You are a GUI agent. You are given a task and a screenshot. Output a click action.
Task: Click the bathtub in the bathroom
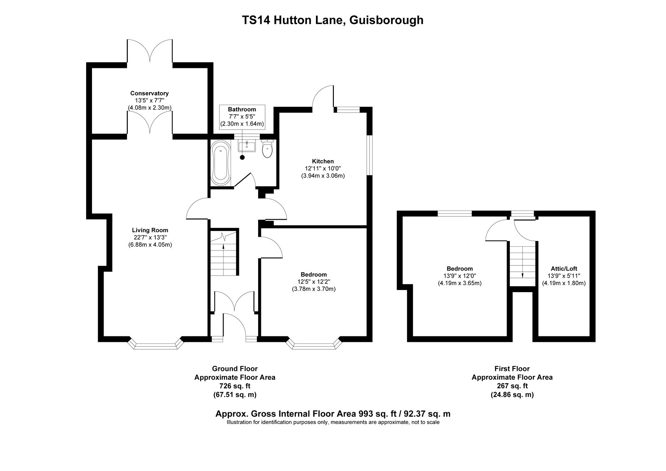(221, 163)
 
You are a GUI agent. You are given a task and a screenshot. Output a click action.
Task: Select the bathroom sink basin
(246, 146)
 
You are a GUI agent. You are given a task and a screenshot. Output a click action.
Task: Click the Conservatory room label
(149, 93)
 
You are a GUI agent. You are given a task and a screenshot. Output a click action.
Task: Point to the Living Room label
(150, 230)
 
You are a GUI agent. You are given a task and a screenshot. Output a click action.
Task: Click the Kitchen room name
(323, 161)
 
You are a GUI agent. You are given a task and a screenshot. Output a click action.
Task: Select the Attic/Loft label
(564, 268)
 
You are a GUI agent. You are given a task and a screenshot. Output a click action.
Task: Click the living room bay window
(155, 344)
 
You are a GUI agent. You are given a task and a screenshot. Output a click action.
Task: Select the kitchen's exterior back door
(324, 98)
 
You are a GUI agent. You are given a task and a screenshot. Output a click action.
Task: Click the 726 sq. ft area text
(235, 386)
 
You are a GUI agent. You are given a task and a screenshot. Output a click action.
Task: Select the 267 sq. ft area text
(512, 386)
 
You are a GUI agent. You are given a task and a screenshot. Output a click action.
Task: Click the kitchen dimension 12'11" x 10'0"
(323, 168)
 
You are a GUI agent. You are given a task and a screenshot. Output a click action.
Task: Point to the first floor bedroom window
(454, 213)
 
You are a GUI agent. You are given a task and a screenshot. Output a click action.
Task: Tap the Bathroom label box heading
(242, 109)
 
